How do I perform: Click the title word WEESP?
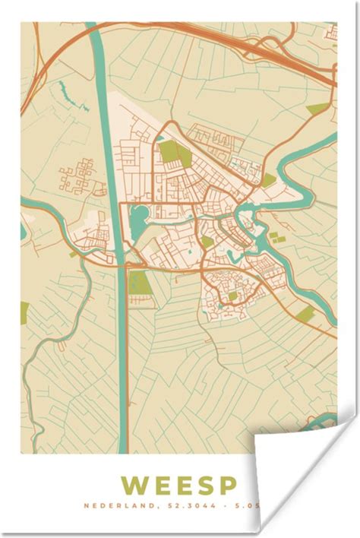coord(178,485)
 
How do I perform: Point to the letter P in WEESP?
coord(226,485)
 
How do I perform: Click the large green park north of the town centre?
coord(174,154)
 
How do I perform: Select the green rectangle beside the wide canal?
coord(140,283)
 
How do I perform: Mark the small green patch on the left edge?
coord(24,311)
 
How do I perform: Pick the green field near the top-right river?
coord(318,109)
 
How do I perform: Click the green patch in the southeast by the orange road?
coord(305,314)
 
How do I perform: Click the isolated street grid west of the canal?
coord(76,176)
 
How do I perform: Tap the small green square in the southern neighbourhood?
coord(233,296)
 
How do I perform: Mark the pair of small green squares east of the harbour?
coord(278,239)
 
